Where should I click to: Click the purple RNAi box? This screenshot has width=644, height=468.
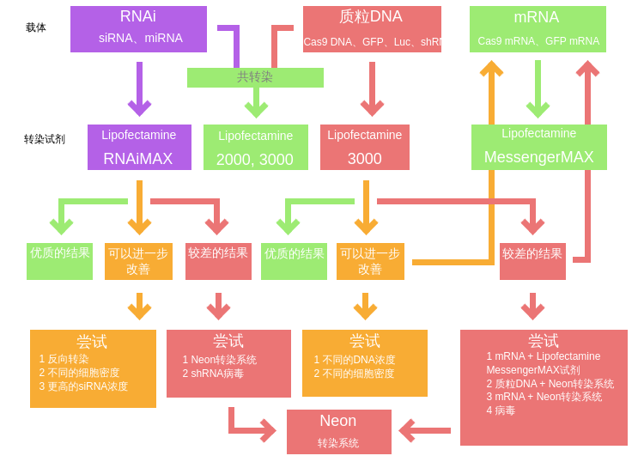tap(138, 29)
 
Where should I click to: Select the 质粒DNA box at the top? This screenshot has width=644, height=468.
tap(372, 29)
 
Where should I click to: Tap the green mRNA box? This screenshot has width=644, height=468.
tap(538, 29)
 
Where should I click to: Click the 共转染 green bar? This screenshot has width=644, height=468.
tap(255, 77)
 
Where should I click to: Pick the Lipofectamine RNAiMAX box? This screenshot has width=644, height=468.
tap(139, 147)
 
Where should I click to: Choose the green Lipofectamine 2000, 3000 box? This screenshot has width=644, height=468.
tap(255, 148)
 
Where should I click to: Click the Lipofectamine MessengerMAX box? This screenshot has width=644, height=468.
tap(538, 147)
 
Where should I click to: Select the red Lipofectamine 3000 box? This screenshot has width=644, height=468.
tap(364, 147)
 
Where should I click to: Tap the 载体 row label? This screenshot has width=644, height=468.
tap(36, 27)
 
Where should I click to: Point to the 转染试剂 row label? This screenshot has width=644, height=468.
tap(45, 139)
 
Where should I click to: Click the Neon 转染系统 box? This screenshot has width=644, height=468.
tap(338, 431)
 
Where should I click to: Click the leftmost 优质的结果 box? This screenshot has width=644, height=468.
tap(59, 261)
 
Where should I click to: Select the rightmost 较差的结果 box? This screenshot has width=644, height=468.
tap(532, 261)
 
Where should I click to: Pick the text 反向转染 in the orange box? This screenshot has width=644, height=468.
tap(68, 359)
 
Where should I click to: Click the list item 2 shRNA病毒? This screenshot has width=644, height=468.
tap(213, 374)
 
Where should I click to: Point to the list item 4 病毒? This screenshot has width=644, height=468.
tap(501, 410)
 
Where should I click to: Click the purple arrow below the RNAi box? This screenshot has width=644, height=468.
tap(139, 88)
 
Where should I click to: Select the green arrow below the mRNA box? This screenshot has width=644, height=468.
tap(538, 88)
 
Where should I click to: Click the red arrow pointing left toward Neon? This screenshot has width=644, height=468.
tap(424, 430)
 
